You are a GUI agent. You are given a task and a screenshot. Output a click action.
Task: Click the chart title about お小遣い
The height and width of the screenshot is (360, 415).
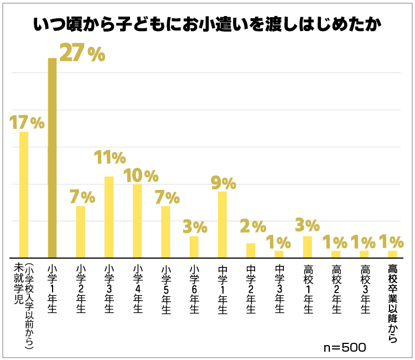coord(207,25)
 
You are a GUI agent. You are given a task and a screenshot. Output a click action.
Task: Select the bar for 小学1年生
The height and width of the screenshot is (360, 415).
coord(52,158)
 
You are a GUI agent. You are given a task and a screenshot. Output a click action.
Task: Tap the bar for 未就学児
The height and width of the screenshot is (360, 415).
coord(24,194)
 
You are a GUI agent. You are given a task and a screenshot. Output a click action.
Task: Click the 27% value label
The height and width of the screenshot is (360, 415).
coord(82,53)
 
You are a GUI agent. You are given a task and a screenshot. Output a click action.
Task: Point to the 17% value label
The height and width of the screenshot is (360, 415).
coord(27,122)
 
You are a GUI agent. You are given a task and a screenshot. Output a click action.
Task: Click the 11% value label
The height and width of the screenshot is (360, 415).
coord(109,158)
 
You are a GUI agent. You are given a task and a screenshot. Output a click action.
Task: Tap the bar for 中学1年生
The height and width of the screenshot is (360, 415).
coord(222,224)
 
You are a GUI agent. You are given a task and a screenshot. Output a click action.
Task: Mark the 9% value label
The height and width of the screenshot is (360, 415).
coord(224,183)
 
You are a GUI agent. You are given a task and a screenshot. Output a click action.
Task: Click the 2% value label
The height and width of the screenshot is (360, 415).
coord(252,226)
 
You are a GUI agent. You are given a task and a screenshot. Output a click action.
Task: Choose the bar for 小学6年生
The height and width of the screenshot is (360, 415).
coord(194,247)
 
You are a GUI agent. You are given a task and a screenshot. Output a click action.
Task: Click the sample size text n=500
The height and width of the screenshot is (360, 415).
coord(344,348)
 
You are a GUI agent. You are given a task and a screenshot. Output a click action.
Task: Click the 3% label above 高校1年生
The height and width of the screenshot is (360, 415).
coord(308,225)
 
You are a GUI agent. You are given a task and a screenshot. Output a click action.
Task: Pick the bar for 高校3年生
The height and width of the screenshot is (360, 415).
coord(364,254)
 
